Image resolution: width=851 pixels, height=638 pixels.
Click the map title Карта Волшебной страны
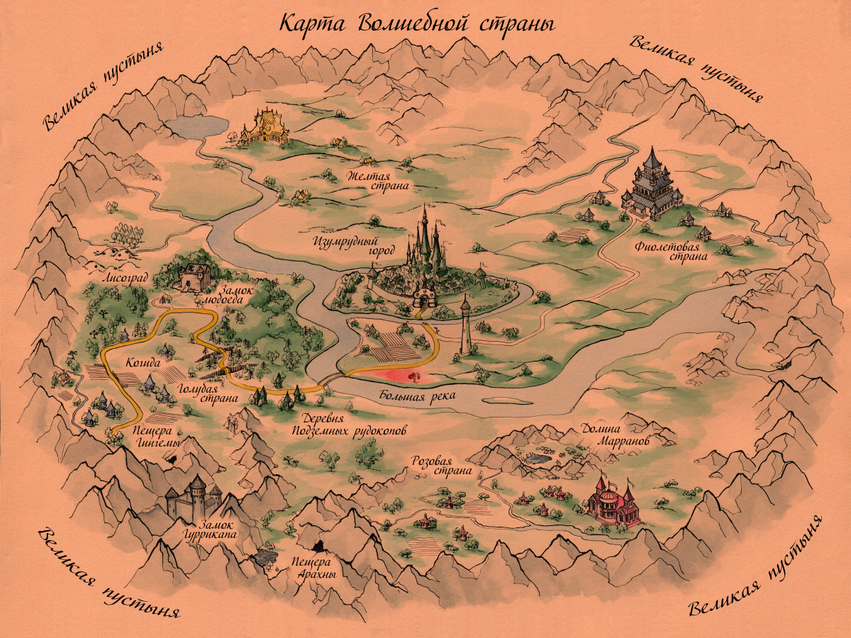(416, 23)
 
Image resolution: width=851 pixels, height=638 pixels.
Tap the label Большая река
(416, 396)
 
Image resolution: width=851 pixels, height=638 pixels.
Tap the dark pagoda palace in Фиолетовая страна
(651, 186)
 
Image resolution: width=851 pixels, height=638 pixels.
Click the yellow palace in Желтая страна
(265, 126)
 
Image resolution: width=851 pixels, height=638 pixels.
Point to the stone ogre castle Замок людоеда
(194, 276)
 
